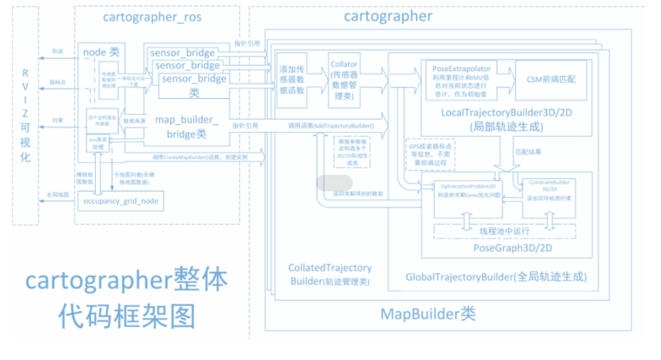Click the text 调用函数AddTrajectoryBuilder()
pos(329,125)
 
